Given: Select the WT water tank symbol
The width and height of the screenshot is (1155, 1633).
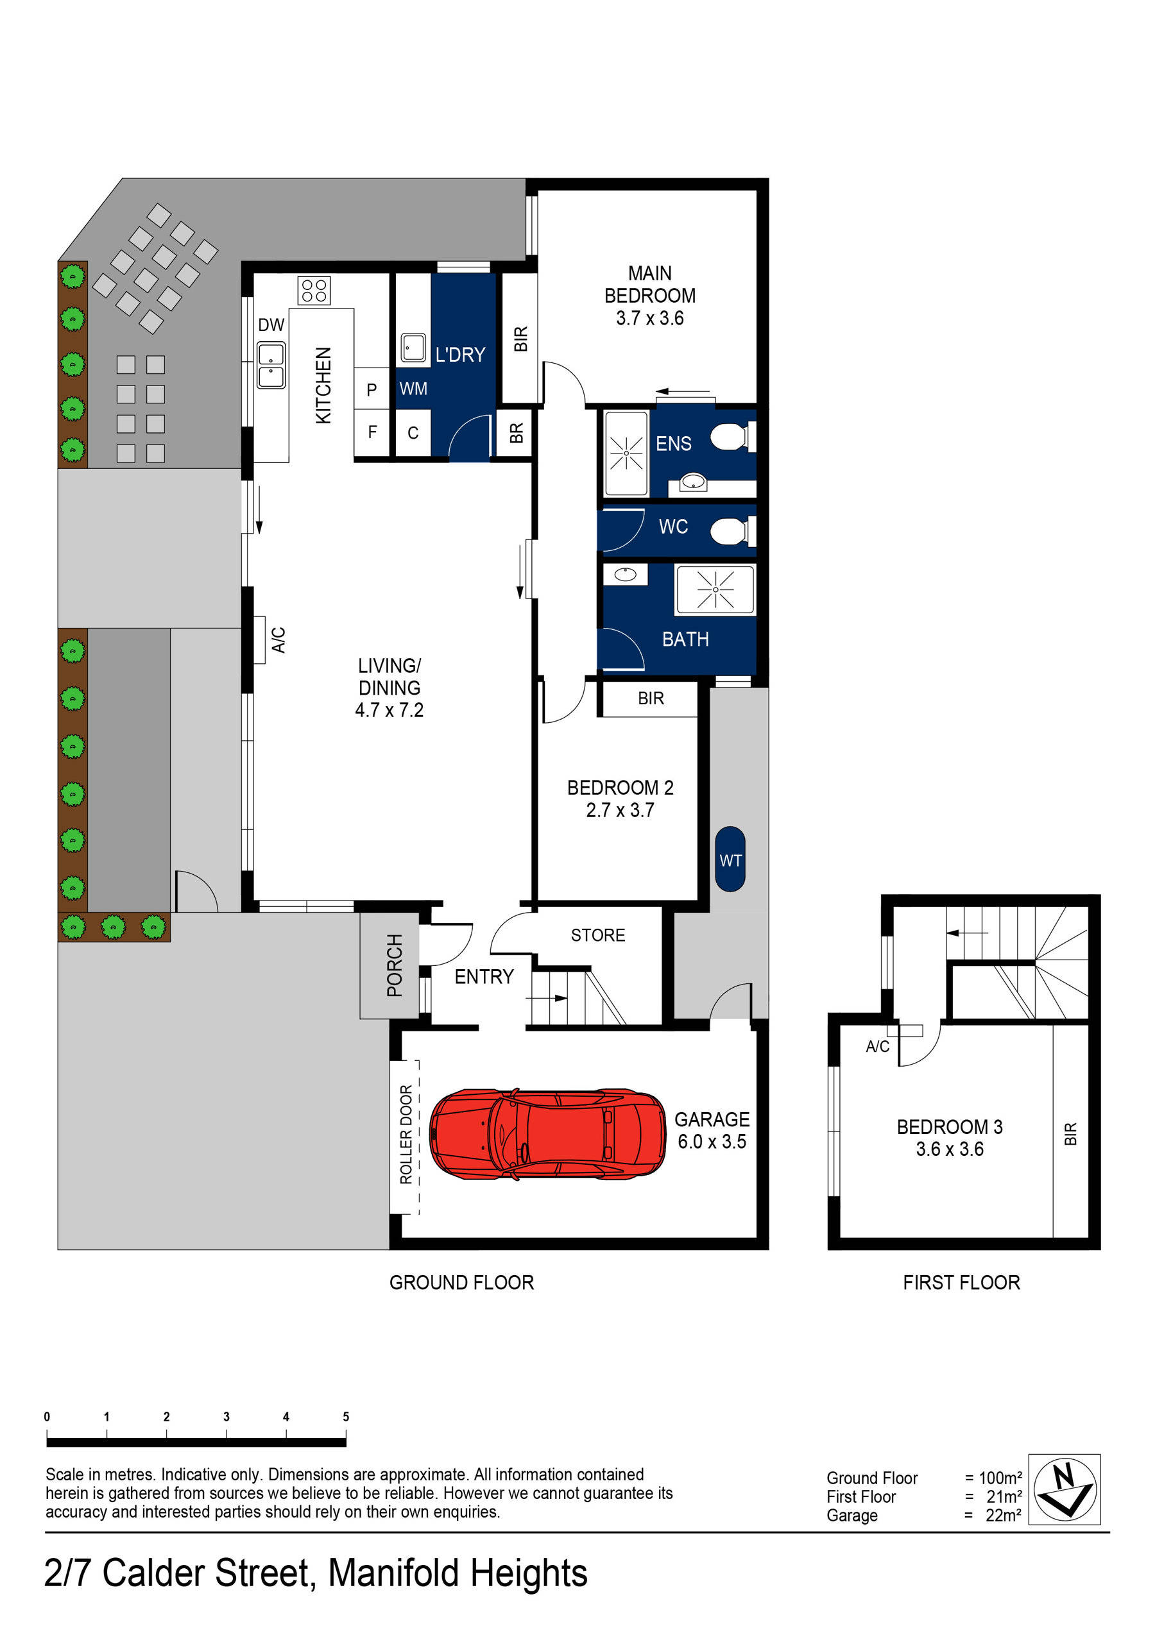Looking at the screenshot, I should pos(730,859).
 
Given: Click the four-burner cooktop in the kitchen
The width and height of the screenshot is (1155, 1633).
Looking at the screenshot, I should pos(314,290).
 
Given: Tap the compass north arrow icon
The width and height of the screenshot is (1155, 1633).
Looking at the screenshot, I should pos(1064,1489).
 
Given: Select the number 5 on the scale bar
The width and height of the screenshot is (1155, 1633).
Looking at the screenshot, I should pos(346,1416).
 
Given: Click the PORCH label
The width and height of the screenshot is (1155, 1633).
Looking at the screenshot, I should pos(394,965).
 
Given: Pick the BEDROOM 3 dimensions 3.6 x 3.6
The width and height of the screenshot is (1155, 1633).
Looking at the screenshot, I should pos(948,1149).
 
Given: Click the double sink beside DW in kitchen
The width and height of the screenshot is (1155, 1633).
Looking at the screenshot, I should pos(271,366).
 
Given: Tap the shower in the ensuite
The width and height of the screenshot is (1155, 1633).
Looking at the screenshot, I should pos(626,453).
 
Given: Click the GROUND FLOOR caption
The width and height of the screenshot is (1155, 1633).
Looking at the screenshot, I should pos(461,1282).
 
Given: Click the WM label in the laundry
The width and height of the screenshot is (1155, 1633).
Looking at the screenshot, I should pos(413,389).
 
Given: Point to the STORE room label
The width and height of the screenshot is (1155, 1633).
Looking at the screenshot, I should pos(598,935).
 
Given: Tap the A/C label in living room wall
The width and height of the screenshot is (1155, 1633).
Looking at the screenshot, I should pos(278,639).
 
